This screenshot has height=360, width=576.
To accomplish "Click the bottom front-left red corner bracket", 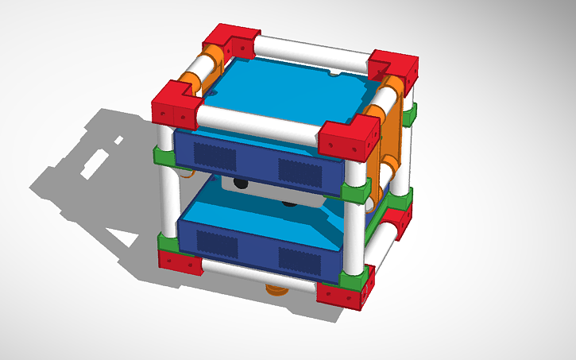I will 180,261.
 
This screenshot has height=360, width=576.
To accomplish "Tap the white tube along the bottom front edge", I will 262,278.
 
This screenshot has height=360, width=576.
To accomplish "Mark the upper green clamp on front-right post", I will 354,191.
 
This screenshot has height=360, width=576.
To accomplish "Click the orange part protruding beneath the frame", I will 276,288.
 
